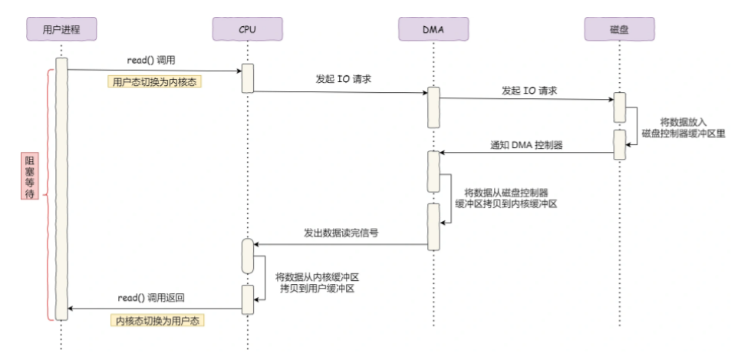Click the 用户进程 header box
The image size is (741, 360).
point(61,29)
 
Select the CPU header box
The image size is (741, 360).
point(248,29)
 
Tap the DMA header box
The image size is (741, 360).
point(433,29)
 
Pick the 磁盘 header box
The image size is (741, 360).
point(619,29)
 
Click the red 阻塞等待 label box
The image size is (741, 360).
point(29,176)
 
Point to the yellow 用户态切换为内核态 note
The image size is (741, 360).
point(154,82)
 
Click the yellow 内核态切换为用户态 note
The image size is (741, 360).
point(158,320)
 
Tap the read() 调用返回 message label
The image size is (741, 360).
point(151,298)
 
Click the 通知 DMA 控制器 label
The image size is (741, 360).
point(526,145)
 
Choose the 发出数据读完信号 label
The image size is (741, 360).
point(341,233)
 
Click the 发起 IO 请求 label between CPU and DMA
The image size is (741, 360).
point(344,79)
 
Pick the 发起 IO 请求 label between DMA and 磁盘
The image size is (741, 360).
point(529,91)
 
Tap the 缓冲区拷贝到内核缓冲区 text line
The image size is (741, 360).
point(506,204)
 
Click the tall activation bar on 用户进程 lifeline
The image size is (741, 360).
point(61,189)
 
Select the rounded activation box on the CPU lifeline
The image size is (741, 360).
point(248,256)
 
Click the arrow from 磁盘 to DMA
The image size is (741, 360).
point(526,153)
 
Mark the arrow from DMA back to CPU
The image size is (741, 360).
point(341,245)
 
